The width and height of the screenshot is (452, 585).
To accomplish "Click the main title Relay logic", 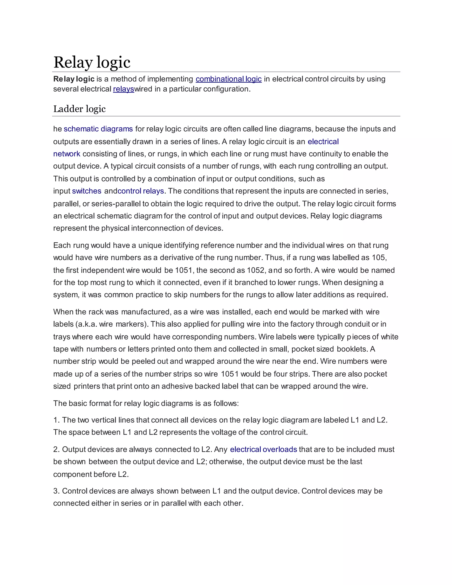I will click(x=92, y=62).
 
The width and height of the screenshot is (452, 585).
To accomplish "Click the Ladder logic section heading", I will click(x=79, y=109).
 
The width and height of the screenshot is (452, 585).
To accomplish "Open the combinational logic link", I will click(x=228, y=79).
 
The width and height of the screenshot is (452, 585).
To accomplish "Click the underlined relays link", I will click(x=123, y=89).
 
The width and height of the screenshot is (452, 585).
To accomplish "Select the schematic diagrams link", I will click(x=98, y=129).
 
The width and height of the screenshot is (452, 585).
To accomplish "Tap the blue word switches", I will click(x=87, y=191).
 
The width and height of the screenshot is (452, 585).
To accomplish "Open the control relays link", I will click(x=141, y=191).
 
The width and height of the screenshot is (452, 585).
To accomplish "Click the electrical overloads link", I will click(x=264, y=449).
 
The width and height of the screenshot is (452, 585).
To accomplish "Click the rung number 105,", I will click(x=379, y=257).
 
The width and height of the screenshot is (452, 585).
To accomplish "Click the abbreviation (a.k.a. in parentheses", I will click(x=86, y=324).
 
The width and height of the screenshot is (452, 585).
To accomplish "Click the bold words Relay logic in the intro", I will click(x=74, y=79).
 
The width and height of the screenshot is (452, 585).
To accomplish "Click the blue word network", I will click(x=67, y=154).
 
